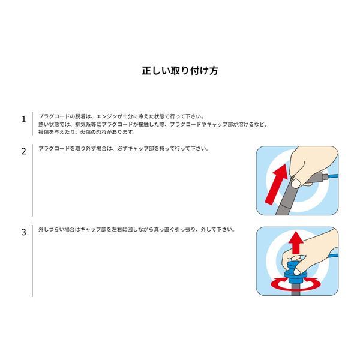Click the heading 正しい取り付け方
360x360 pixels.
[179, 70]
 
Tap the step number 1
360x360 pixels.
[23, 119]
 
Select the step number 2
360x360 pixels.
[23, 152]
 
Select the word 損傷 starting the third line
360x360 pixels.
[44, 131]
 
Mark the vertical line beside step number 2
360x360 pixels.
[32, 180]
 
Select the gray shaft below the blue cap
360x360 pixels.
[295, 290]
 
